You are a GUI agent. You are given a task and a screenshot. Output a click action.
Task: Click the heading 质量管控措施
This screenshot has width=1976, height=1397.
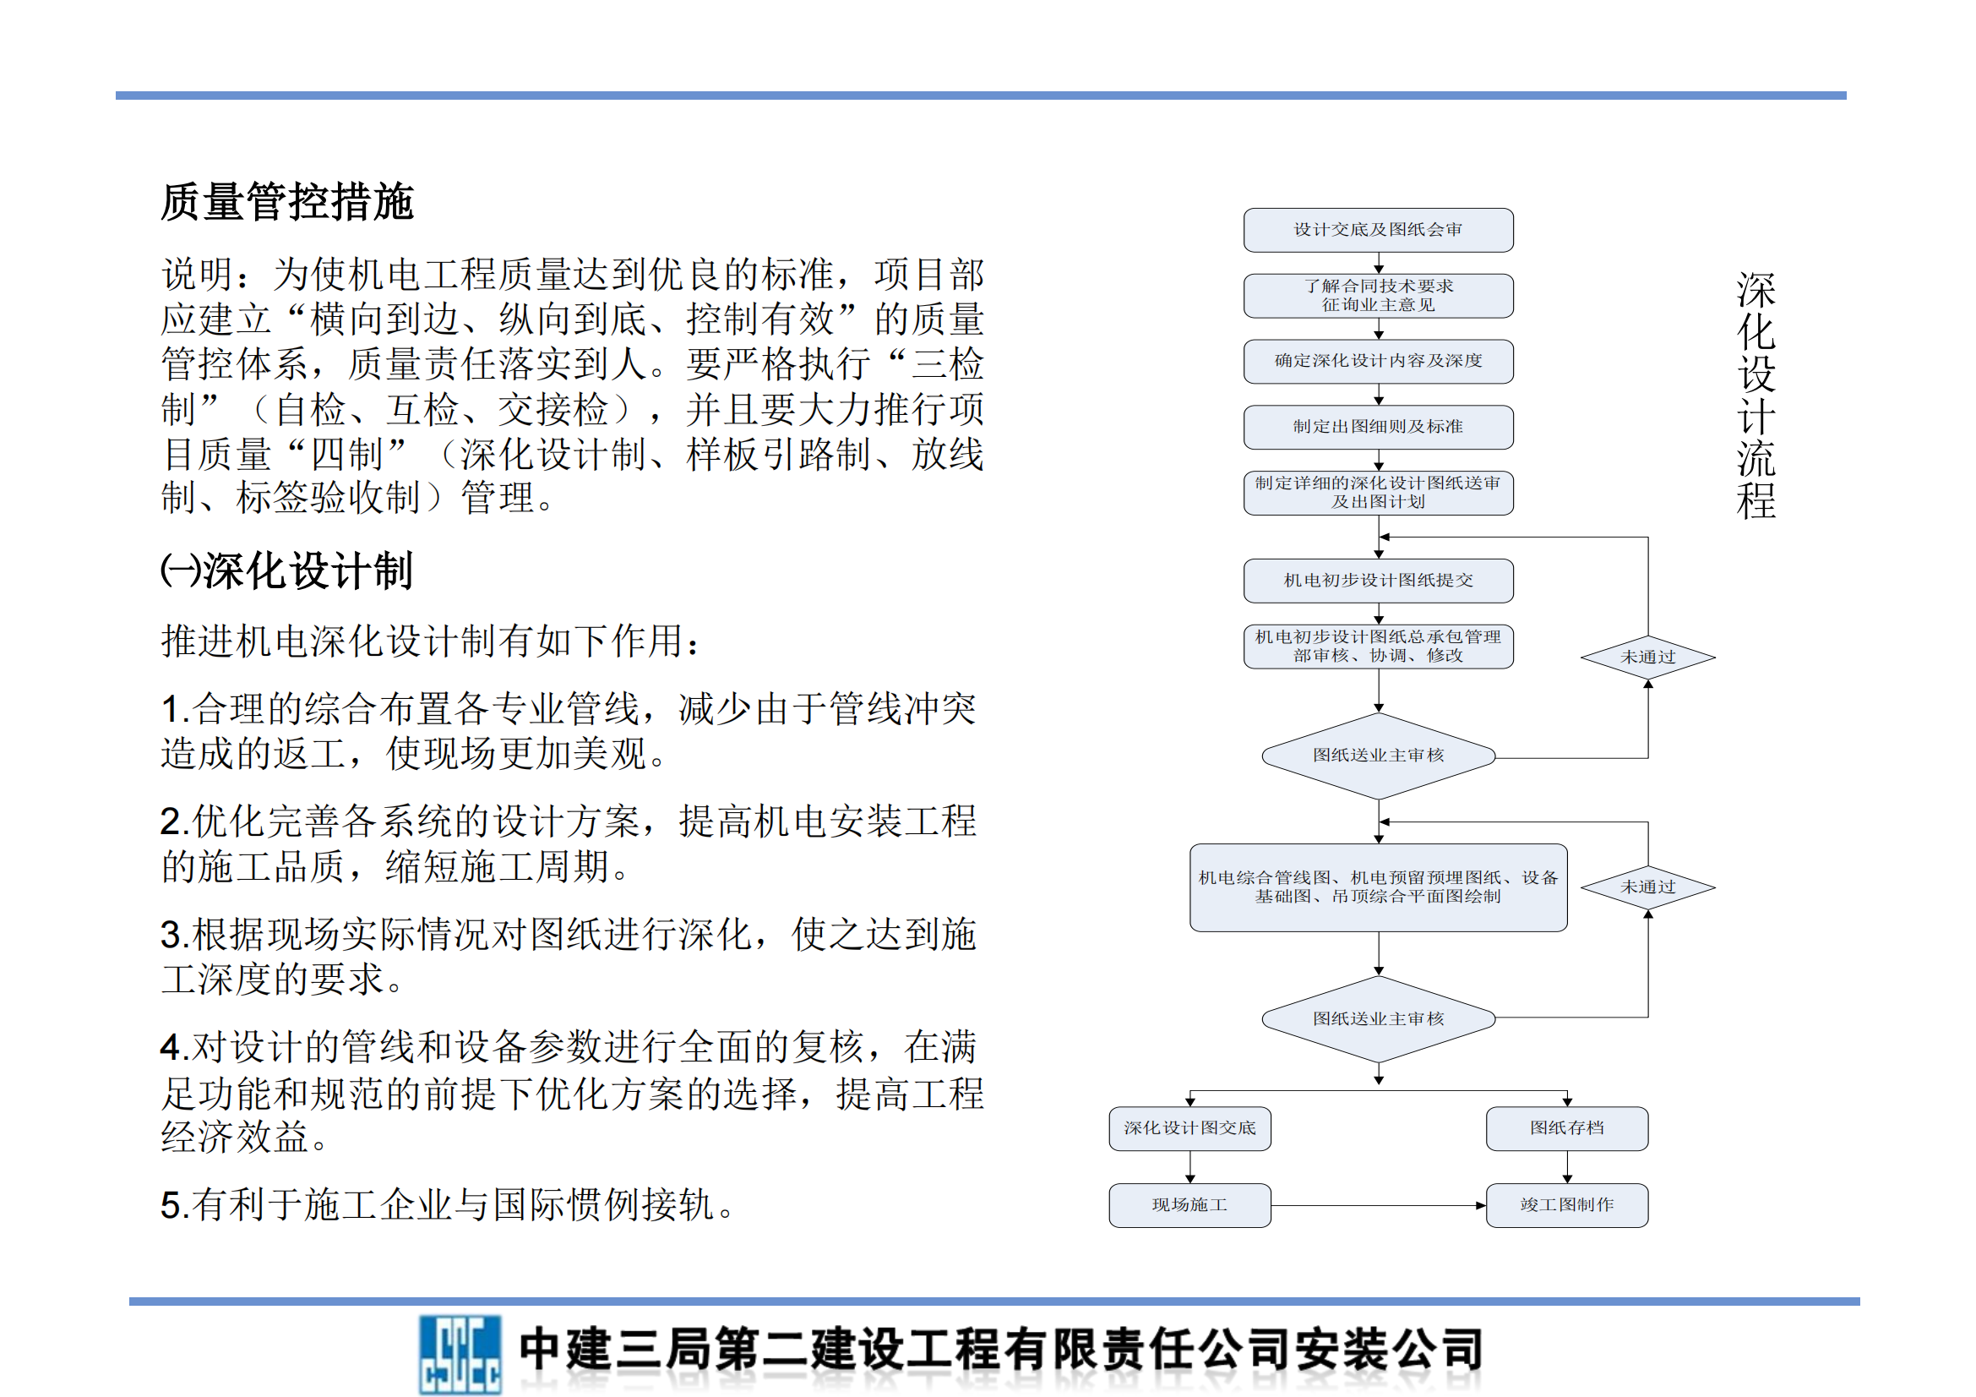[287, 203]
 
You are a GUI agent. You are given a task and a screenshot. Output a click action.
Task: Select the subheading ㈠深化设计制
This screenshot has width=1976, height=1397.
[287, 570]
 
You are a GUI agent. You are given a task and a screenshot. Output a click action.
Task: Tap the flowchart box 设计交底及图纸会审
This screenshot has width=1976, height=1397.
[1377, 230]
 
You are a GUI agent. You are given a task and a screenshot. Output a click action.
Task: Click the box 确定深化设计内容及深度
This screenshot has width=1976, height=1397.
[1377, 361]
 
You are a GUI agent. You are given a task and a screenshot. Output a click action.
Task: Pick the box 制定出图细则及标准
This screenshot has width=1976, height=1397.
[1377, 427]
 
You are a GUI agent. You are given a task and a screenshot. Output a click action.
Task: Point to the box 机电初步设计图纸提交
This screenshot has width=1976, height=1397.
[1377, 581]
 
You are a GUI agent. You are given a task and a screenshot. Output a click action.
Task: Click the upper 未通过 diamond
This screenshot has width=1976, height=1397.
[1647, 658]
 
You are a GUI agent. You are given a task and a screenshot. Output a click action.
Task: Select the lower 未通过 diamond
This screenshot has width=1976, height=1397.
[1647, 887]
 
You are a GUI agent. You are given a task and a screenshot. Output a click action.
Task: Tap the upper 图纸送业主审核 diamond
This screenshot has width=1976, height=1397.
[1377, 756]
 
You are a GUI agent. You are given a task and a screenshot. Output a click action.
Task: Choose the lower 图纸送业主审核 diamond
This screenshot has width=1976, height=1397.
[1377, 1019]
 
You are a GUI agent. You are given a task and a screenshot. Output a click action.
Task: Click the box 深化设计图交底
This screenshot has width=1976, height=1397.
[1189, 1128]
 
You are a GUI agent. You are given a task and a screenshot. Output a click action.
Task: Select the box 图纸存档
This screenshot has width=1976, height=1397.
[1566, 1128]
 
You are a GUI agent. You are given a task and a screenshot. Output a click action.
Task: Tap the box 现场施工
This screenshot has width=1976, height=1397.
[1189, 1205]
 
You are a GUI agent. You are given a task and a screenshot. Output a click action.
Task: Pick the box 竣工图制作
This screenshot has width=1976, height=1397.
[1566, 1205]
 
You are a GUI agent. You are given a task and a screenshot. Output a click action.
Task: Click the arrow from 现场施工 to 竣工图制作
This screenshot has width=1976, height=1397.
[1377, 1205]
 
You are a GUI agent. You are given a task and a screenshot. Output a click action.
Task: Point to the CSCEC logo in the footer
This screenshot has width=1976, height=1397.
[460, 1354]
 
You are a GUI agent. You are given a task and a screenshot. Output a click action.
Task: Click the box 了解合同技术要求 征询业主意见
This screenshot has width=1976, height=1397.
[1377, 295]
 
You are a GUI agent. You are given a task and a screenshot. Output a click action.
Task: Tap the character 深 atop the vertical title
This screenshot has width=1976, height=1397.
[1756, 291]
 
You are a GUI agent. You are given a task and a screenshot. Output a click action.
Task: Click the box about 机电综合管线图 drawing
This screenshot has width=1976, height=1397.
[1377, 887]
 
